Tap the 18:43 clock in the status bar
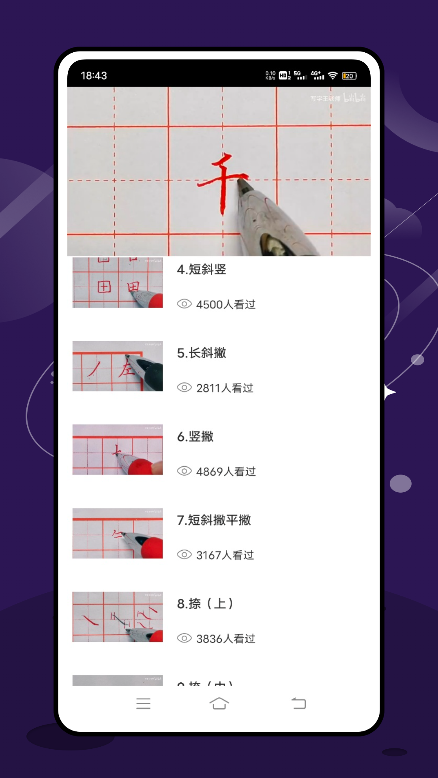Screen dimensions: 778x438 tap(94, 76)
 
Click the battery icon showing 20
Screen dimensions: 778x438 tap(349, 76)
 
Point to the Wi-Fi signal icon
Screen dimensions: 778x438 tap(333, 76)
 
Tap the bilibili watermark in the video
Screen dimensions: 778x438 tap(354, 98)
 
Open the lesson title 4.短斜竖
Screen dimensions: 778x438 tap(202, 269)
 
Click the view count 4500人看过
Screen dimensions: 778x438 tap(225, 304)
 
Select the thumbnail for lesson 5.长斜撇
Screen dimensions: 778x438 tap(118, 366)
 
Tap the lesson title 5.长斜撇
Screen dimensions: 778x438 tap(202, 353)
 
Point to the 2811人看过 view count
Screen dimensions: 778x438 tap(224, 388)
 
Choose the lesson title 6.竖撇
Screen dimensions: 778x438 tap(195, 436)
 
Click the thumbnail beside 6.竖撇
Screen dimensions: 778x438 tap(118, 450)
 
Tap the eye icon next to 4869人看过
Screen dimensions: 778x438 tap(184, 471)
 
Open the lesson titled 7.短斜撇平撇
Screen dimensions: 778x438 tap(214, 520)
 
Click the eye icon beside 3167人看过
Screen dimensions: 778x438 tap(184, 555)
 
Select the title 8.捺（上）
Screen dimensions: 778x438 tap(205, 604)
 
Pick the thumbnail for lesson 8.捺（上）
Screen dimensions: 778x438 tap(118, 617)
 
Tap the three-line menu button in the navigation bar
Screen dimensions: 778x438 tap(144, 703)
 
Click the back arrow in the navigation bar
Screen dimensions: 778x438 tap(299, 703)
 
